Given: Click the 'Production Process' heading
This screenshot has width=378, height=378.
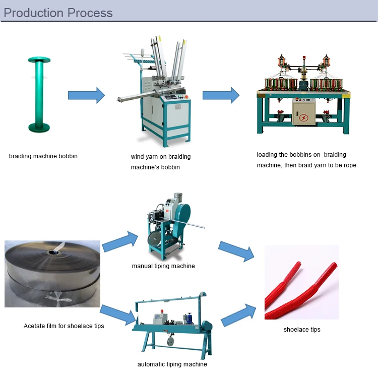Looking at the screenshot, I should click(58, 12).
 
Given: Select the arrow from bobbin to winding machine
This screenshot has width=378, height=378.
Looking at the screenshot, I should click(86, 95).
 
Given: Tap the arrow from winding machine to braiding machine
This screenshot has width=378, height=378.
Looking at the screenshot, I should click(221, 95).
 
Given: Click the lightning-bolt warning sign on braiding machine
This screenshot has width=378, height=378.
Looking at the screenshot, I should click(303, 118).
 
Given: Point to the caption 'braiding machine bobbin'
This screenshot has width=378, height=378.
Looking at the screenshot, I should click(43, 156).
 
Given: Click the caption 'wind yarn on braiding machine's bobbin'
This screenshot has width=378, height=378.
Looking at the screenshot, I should click(161, 162).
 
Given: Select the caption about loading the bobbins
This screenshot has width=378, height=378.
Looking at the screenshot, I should click(306, 160).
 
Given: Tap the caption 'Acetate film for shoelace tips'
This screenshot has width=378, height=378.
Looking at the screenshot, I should click(64, 326).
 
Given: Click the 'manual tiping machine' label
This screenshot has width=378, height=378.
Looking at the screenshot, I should click(163, 266).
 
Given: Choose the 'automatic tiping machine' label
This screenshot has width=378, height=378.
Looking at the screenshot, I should click(172, 364).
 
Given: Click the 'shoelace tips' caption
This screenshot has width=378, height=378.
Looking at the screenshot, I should click(302, 330).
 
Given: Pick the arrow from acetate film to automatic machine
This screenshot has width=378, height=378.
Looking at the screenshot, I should click(119, 314).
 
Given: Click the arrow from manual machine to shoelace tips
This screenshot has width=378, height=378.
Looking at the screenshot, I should click(237, 250).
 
